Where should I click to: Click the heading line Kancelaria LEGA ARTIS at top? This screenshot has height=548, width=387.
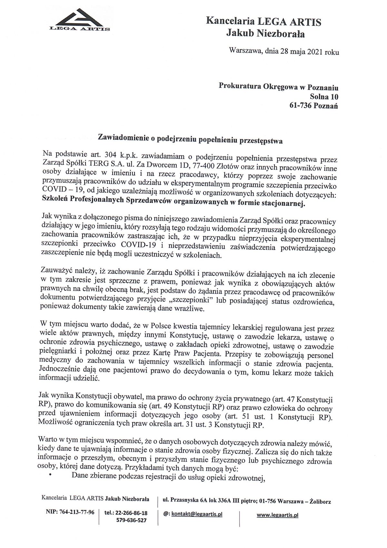[263, 22]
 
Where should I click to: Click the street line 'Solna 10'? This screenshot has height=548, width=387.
[324, 96]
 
